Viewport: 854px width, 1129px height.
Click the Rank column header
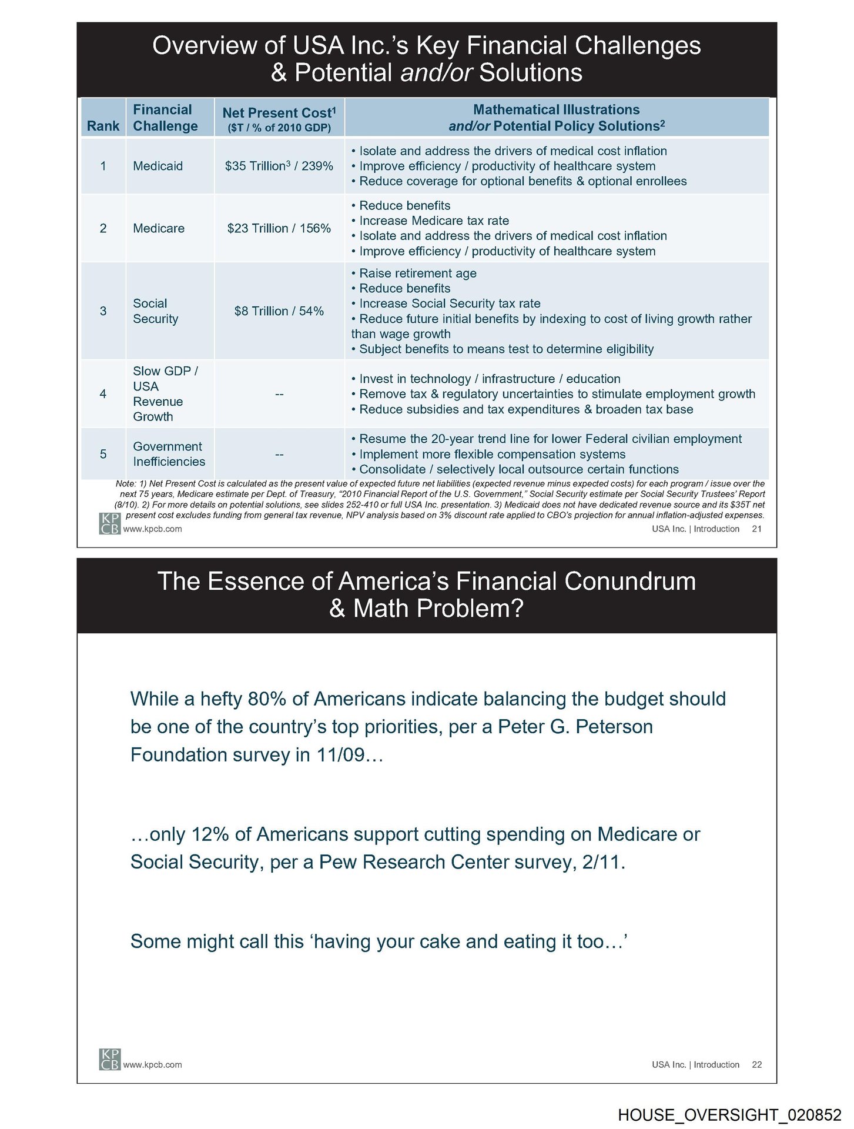pyautogui.click(x=103, y=126)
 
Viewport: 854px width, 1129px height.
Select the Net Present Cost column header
pyautogui.click(x=279, y=118)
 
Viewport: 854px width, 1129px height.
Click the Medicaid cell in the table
pyautogui.click(x=158, y=166)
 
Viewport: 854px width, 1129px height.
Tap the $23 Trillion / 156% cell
pyautogui.click(x=279, y=228)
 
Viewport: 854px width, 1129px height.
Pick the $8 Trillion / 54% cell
pyautogui.click(x=279, y=311)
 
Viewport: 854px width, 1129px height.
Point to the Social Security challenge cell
pyautogui.click(x=155, y=311)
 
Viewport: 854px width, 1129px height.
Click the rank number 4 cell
pyautogui.click(x=103, y=394)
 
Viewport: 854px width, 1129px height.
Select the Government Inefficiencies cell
pyautogui.click(x=169, y=454)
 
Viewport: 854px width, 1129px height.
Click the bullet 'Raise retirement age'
pyautogui.click(x=417, y=273)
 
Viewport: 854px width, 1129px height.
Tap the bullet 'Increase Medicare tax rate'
pyautogui.click(x=434, y=221)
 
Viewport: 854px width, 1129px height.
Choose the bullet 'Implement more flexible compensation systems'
pyautogui.click(x=492, y=454)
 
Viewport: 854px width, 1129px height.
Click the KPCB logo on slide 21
pyautogui.click(x=110, y=523)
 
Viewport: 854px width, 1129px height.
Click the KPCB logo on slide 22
pyautogui.click(x=110, y=1059)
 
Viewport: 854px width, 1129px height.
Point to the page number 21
pyautogui.click(x=757, y=529)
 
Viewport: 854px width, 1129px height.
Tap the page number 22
pyautogui.click(x=757, y=1064)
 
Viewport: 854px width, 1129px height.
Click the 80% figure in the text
pyautogui.click(x=267, y=699)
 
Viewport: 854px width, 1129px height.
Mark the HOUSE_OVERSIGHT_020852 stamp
pyautogui.click(x=729, y=1115)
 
